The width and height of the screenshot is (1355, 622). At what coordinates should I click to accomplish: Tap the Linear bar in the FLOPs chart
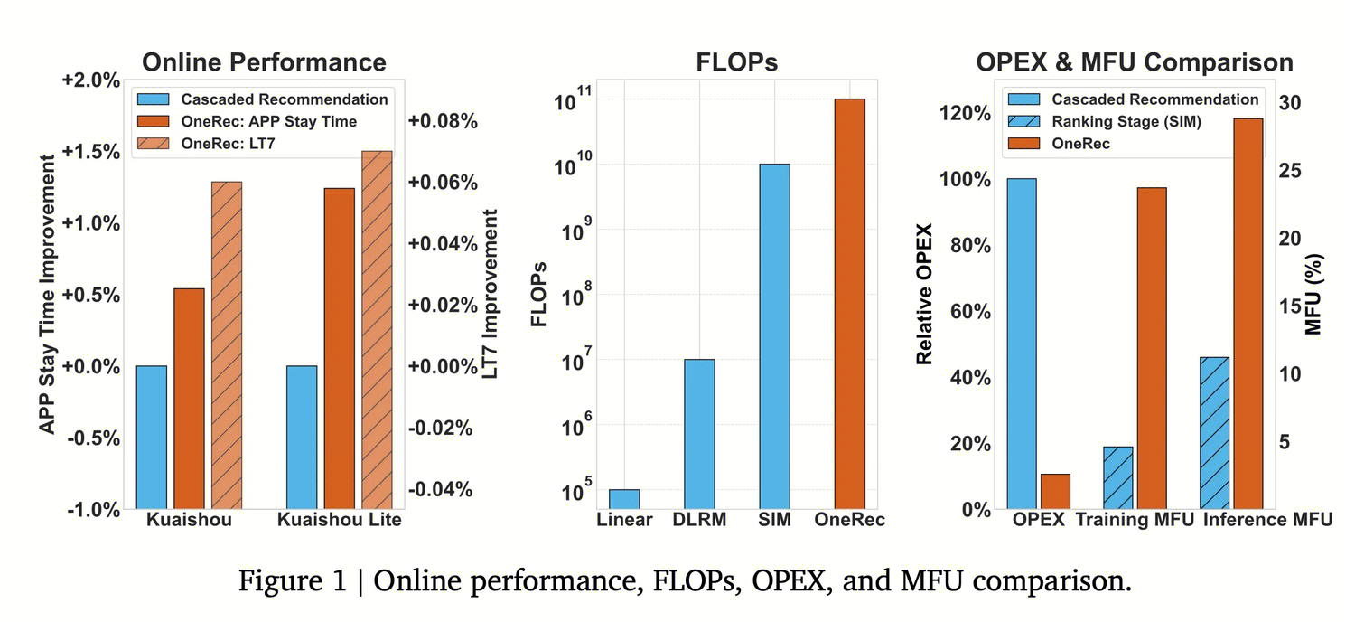[623, 499]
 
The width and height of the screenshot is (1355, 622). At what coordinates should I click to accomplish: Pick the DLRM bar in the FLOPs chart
[699, 434]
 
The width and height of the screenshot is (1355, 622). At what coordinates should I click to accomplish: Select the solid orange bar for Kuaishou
[189, 399]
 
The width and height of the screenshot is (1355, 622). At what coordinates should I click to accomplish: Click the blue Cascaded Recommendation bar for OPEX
[1021, 344]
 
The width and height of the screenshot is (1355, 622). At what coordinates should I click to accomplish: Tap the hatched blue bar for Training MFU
[1117, 477]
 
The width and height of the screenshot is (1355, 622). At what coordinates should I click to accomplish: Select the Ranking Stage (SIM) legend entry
[1126, 121]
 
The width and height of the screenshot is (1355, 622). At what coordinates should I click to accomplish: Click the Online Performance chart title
[264, 61]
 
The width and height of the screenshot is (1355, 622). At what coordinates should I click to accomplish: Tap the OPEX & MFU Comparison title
[1134, 61]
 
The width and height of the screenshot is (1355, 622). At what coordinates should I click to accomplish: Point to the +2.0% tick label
[90, 80]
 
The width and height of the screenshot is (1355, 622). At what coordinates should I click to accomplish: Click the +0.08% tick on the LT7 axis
[443, 121]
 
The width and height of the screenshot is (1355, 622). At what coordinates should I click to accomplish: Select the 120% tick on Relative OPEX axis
[965, 113]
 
